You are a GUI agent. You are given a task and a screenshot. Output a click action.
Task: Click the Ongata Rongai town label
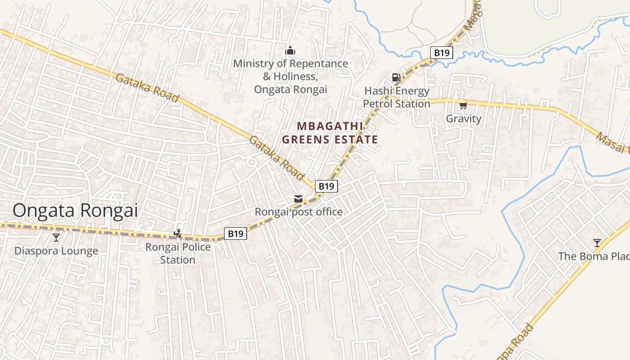coord(75,210)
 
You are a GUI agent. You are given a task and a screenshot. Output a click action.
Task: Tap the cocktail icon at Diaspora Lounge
coord(56,237)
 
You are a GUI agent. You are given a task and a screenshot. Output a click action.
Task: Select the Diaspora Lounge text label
coord(56,251)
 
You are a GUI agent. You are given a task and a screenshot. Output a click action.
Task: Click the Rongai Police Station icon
coord(178,233)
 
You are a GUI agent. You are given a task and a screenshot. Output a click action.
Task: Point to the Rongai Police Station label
coord(178,253)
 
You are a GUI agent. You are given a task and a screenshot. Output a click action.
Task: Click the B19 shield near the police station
coord(235,234)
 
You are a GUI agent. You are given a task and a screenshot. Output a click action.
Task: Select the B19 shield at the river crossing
coord(441,53)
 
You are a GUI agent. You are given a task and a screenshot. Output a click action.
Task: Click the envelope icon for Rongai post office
coord(298,198)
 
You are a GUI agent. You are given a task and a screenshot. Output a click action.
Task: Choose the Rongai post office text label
coord(298,211)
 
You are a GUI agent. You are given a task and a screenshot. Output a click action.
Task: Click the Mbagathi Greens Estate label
coord(330,133)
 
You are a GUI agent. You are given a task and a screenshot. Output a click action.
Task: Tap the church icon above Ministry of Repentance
coord(290,50)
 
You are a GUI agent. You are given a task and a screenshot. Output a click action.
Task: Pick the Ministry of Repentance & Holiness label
coord(290,76)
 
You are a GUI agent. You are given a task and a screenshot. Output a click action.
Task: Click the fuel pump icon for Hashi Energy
coord(396,77)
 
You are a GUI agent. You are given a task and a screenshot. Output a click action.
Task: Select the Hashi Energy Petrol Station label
coord(396,97)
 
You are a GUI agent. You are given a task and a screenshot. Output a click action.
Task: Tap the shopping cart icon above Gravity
coord(463,106)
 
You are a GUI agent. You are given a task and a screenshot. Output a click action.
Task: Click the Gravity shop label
coord(463,119)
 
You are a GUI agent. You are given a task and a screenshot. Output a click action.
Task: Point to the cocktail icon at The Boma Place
coord(597,243)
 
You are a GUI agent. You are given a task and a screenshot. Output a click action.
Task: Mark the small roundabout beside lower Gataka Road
coord(252,162)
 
